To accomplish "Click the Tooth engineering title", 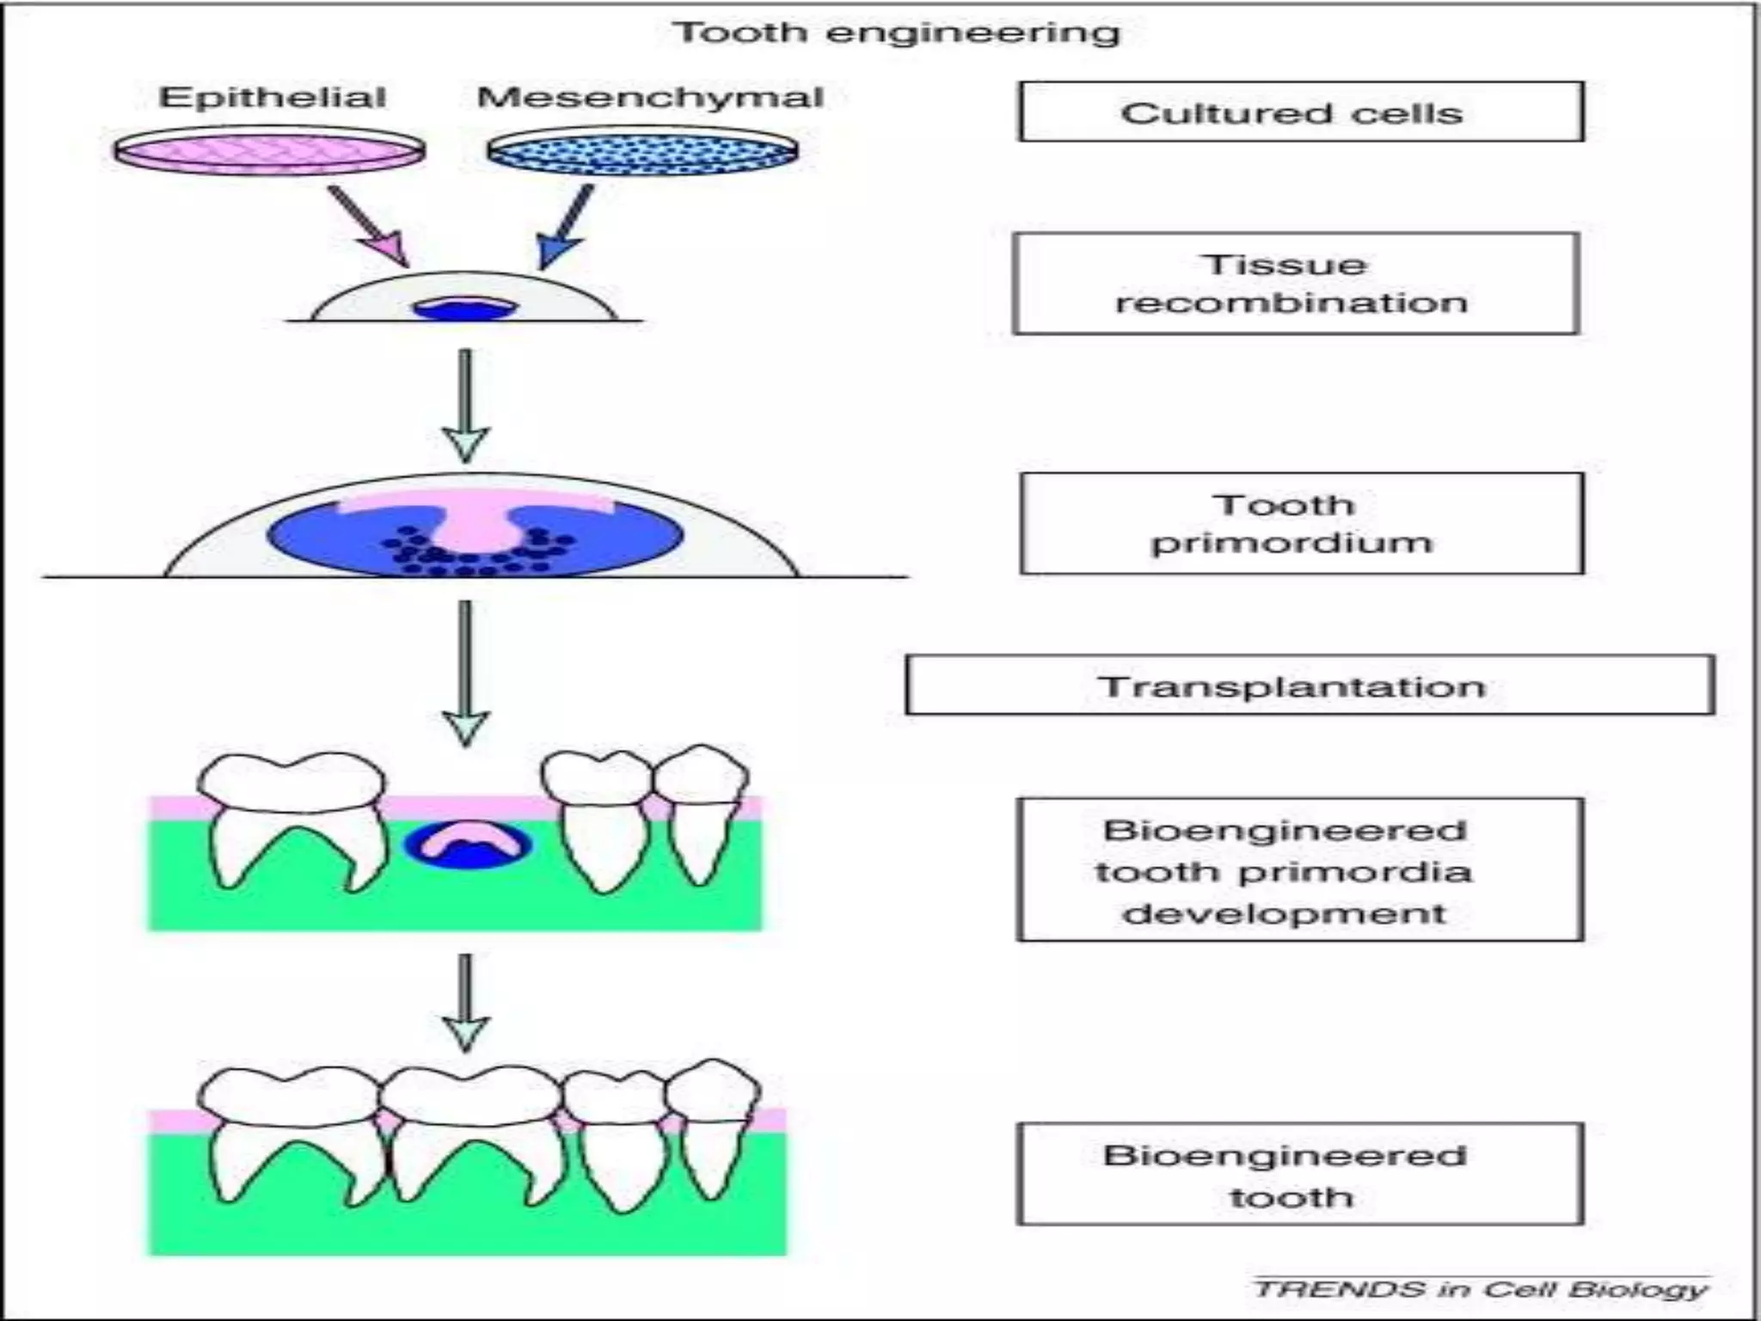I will (x=896, y=33).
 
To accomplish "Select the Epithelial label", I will (x=272, y=97).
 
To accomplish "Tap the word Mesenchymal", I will (x=650, y=97).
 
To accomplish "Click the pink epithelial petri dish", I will (x=269, y=152).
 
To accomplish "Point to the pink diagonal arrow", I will (x=369, y=225).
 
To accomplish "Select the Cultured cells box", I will (x=1300, y=112).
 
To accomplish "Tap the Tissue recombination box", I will (x=1295, y=283).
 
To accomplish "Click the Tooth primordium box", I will (x=1301, y=523).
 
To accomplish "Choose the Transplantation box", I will (x=1309, y=685).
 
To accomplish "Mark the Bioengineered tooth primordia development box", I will (x=1299, y=870).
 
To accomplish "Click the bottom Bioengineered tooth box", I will (x=1299, y=1174).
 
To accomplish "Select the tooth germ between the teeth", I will (x=469, y=845).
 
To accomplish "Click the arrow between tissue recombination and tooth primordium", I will (x=465, y=404).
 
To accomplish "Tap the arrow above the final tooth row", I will (x=465, y=1002).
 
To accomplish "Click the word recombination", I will (x=1292, y=303).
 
